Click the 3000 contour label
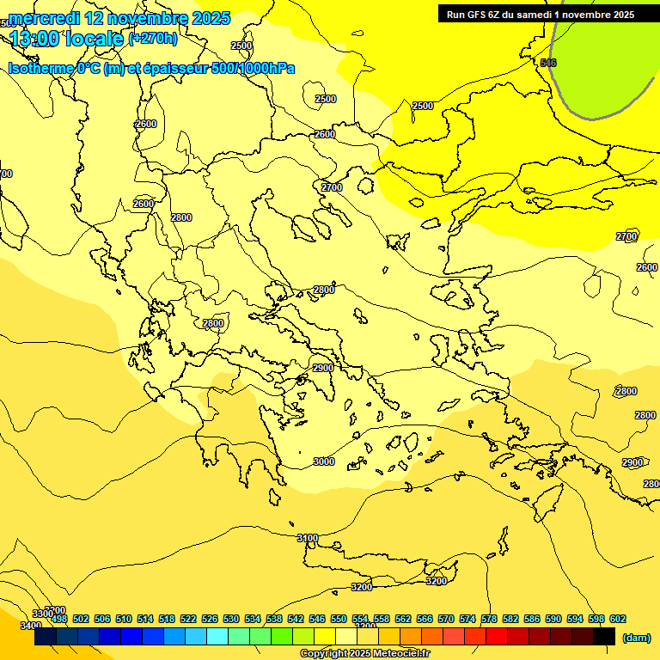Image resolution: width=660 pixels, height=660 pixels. (323, 461)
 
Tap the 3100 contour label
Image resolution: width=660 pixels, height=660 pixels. (307, 538)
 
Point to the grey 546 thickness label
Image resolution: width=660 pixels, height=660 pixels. (548, 63)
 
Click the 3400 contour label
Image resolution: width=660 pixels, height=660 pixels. (30, 625)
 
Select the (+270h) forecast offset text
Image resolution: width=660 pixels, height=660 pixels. (153, 38)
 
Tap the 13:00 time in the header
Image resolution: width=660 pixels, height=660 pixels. (35, 39)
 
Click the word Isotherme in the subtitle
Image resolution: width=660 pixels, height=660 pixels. (40, 68)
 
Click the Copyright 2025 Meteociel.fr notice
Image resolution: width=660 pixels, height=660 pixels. (364, 654)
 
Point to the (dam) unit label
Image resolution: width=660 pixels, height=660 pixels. (635, 637)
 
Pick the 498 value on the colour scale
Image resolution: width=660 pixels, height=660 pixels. (59, 619)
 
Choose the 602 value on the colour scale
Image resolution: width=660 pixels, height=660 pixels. (618, 619)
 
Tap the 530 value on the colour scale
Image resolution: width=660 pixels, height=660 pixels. (231, 619)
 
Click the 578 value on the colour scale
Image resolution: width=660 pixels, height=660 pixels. (489, 619)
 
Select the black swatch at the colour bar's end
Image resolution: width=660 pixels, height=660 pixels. (604, 636)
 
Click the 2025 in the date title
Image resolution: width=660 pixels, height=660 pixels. (210, 18)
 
